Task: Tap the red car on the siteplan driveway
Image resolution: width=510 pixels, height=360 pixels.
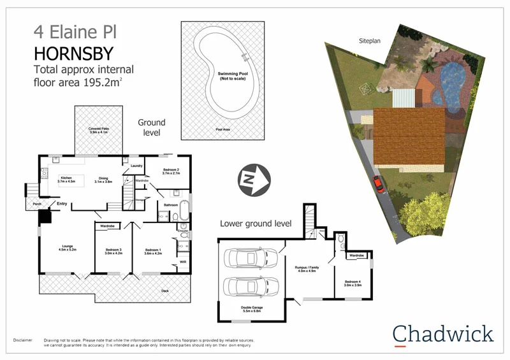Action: [379, 184]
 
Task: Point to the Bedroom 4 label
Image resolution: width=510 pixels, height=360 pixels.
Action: [352, 282]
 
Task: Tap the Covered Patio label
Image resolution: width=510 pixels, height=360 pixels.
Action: [99, 131]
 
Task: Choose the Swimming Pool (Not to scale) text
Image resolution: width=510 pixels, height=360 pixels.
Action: [232, 76]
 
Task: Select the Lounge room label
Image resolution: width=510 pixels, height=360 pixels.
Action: [67, 247]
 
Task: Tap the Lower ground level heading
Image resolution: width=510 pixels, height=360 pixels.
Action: [256, 224]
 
